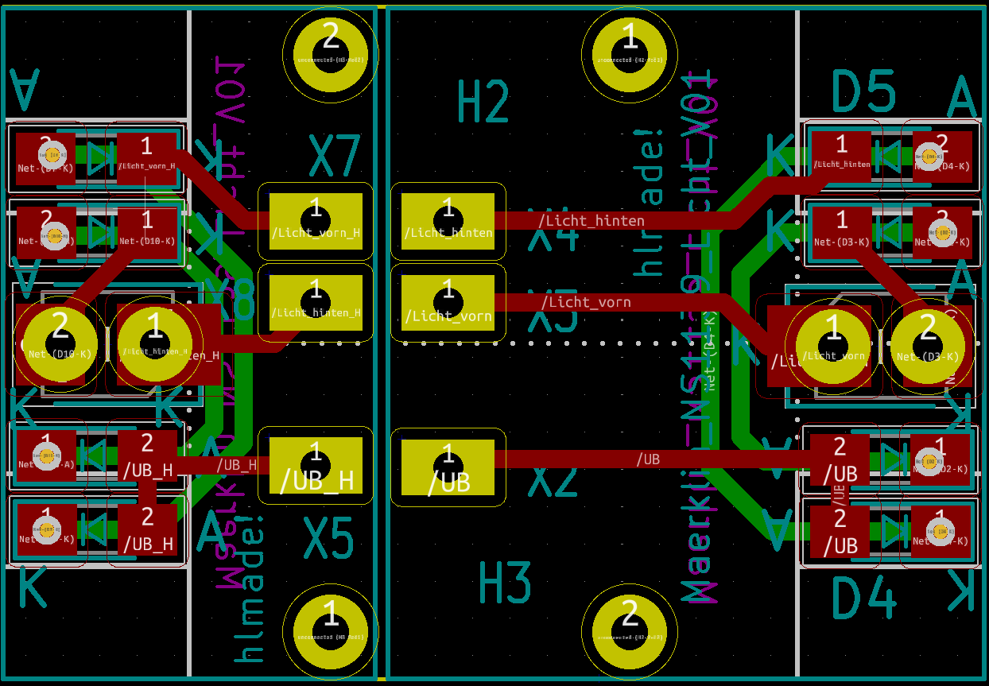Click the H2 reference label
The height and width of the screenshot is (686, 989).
pos(483,103)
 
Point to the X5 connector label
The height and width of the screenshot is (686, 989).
pos(328,540)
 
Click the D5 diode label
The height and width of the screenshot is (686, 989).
pos(863,91)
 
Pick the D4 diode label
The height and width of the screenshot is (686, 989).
pos(863,599)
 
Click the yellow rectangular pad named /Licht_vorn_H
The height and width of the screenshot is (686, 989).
pos(316,222)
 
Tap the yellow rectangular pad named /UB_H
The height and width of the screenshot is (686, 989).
pos(316,468)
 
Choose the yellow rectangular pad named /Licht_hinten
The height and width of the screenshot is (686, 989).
pos(448,222)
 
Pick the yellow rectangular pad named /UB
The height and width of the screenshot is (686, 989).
pos(448,468)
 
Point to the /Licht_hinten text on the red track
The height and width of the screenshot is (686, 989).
pos(591,220)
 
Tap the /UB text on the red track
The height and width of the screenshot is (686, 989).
pos(647,459)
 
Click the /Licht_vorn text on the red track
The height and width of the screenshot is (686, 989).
pos(586,302)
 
